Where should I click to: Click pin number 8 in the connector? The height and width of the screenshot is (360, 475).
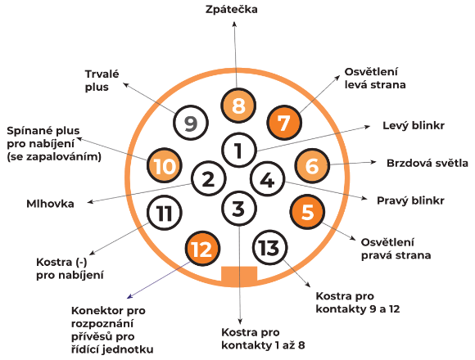tap(238, 106)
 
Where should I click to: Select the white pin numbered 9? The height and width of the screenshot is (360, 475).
tap(191, 123)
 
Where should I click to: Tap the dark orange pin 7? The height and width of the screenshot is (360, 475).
tap(284, 123)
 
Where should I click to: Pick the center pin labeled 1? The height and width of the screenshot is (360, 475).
tap(239, 150)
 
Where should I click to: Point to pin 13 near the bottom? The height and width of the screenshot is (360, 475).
tap(269, 247)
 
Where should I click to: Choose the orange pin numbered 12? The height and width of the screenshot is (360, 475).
tap(202, 249)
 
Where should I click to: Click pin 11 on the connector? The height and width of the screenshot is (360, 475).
tap(164, 213)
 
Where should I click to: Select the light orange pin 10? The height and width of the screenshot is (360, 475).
tap(164, 165)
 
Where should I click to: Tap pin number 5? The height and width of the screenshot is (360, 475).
tap(307, 211)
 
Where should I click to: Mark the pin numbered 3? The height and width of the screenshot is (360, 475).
tap(239, 209)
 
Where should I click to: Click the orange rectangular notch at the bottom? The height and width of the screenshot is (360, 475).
tap(239, 276)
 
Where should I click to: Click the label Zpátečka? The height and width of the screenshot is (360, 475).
tap(232, 9)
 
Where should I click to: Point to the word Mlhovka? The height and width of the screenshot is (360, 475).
tap(50, 204)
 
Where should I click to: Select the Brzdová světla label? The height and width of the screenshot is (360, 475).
tap(427, 164)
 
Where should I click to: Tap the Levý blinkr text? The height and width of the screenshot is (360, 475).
tap(414, 125)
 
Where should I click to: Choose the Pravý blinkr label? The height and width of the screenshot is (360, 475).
tap(410, 200)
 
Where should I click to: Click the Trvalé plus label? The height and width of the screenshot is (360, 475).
tap(102, 80)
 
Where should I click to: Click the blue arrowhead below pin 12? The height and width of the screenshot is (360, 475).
tap(129, 296)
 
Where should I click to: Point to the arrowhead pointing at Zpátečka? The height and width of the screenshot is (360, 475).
tap(234, 24)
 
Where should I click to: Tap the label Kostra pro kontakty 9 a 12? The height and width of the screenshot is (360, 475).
tap(357, 302)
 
